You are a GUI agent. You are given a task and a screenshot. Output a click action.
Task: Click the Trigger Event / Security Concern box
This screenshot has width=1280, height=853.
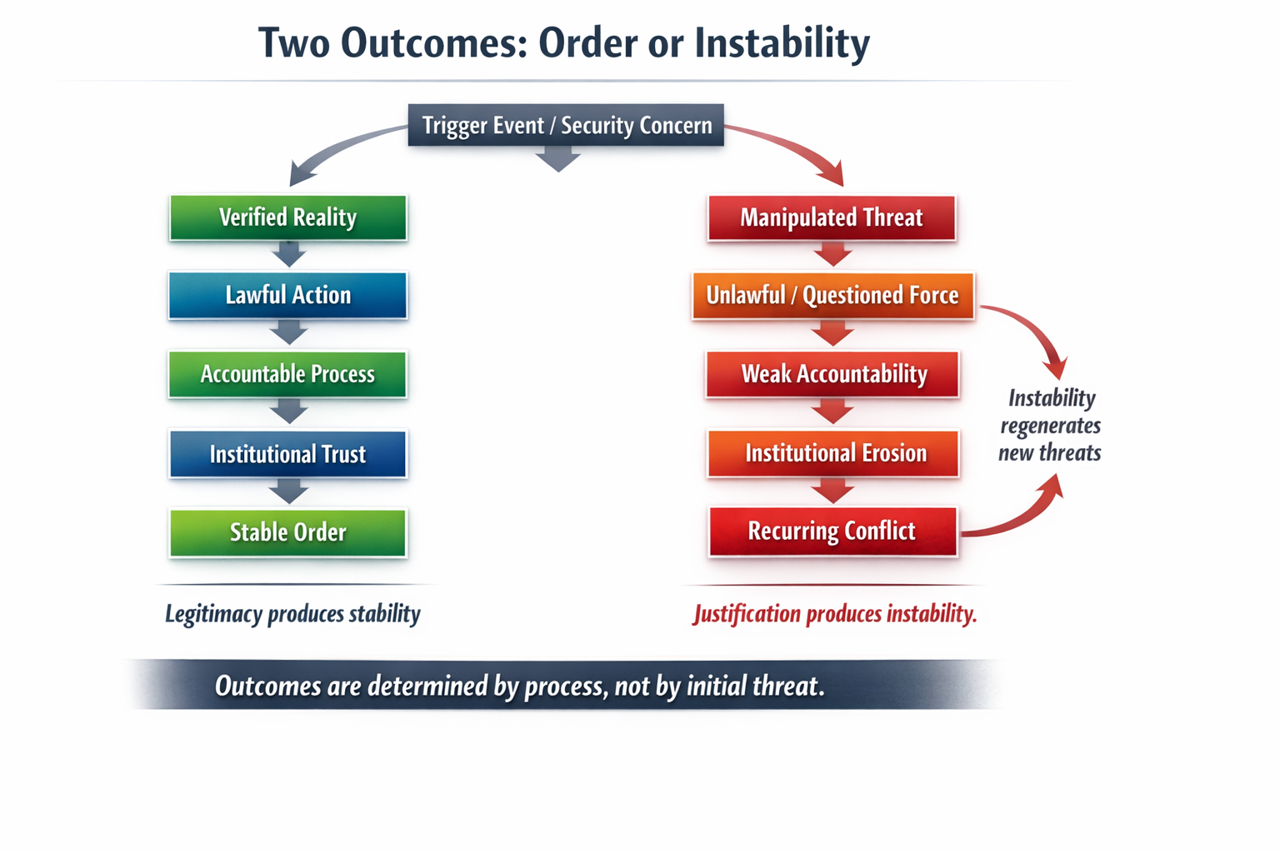566,125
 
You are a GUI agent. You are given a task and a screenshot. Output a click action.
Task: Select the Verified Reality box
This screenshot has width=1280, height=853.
288,217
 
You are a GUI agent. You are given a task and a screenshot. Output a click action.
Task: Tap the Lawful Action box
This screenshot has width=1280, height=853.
288,295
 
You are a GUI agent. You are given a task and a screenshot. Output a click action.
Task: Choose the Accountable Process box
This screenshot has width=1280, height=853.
288,374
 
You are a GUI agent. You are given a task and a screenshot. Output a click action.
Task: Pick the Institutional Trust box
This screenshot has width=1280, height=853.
288,454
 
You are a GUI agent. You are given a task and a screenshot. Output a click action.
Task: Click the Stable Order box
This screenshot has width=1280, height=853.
288,532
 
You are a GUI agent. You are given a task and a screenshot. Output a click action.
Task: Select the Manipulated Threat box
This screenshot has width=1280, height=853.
832,217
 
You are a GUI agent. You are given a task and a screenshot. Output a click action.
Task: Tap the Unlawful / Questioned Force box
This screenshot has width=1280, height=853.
832,295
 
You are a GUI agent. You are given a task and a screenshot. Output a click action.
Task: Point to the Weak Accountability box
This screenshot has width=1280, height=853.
832,374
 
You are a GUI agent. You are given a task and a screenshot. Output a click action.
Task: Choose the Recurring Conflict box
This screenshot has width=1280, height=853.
832,531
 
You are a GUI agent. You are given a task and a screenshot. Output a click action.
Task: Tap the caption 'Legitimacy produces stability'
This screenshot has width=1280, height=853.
292,614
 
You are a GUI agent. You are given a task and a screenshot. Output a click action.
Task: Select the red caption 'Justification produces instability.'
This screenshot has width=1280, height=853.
834,614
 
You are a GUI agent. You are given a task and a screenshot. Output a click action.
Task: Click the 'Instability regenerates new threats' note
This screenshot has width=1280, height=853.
1050,425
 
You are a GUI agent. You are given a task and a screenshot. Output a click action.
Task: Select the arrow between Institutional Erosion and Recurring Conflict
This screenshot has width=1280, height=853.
832,491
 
